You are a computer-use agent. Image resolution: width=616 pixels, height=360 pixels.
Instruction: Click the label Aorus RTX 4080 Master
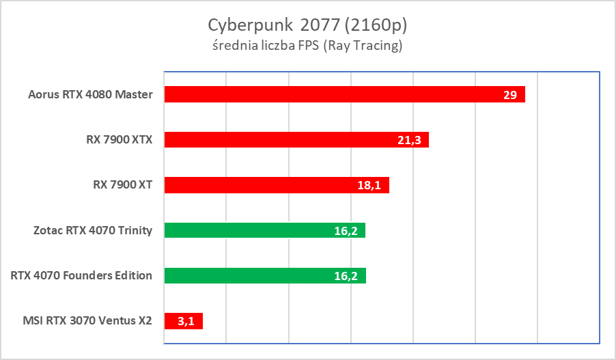tap(91, 94)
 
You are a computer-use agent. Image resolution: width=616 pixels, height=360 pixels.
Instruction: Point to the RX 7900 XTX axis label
tap(115, 140)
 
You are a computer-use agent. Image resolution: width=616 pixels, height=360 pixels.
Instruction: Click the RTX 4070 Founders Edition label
tap(81, 276)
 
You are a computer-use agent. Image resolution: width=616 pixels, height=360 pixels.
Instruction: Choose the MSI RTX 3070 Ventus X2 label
tap(87, 321)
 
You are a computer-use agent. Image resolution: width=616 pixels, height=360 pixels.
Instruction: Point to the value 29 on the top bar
tap(510, 95)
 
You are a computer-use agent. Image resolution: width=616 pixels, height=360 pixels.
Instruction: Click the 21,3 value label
tap(408, 140)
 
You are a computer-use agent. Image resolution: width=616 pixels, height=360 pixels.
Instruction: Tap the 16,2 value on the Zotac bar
tap(346, 231)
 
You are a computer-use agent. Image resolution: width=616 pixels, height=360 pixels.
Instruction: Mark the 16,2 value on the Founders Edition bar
tap(346, 276)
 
